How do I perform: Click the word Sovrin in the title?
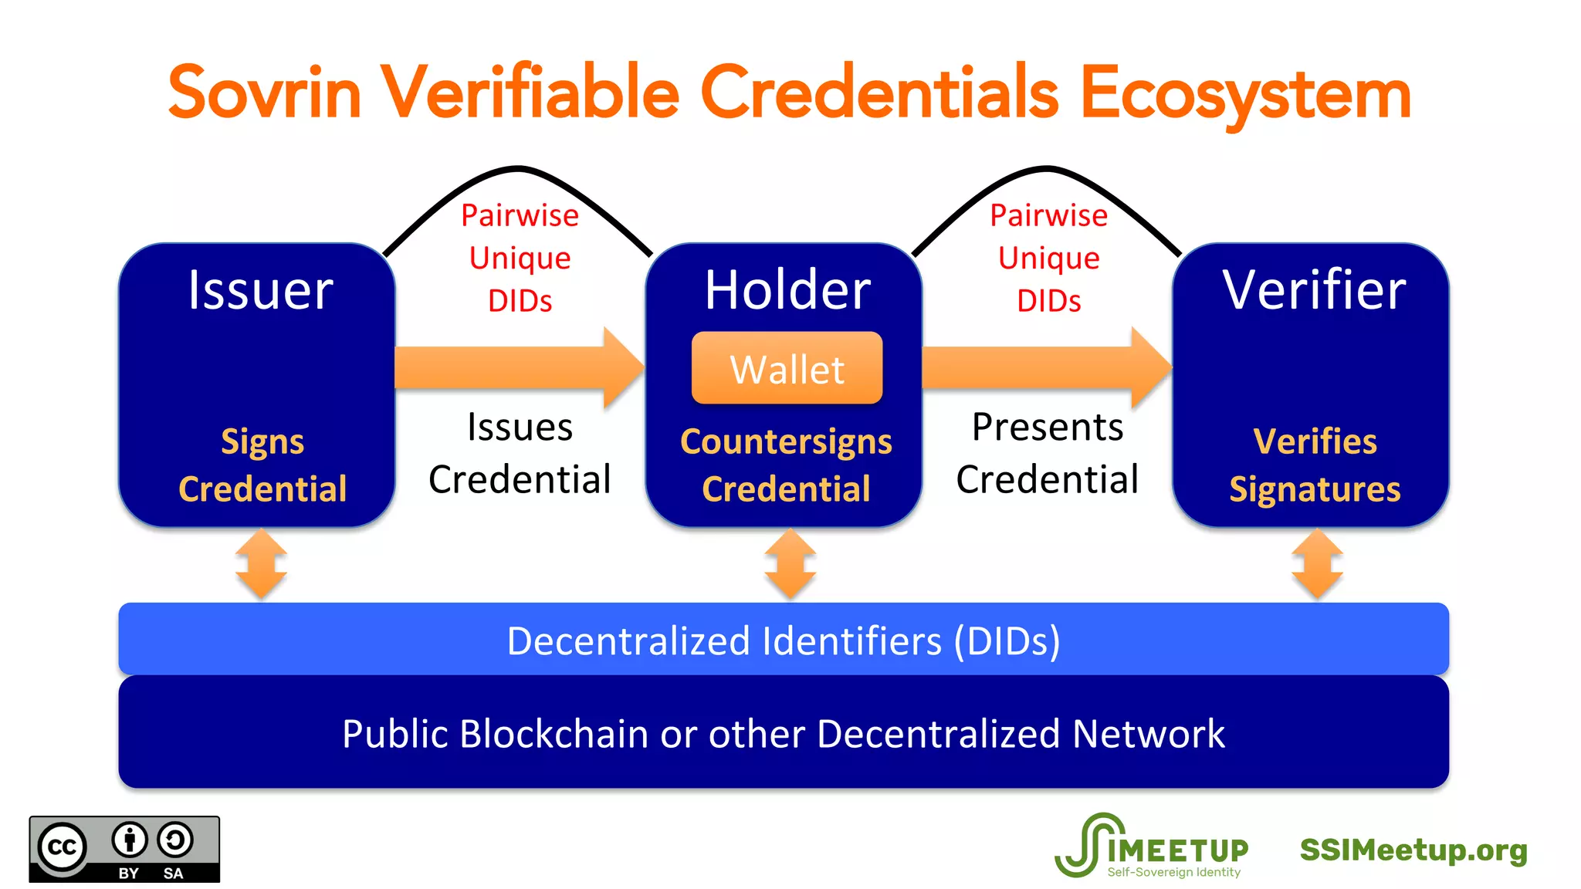click(x=264, y=93)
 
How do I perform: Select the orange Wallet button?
click(x=787, y=368)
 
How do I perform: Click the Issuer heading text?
click(x=261, y=290)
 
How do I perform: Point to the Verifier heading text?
click(x=1314, y=290)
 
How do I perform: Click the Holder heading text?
click(x=787, y=290)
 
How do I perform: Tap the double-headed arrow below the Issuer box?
click(x=262, y=564)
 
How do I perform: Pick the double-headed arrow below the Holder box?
click(x=790, y=564)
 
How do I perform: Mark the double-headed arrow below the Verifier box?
click(x=1317, y=564)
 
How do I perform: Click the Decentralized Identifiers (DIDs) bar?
click(x=784, y=641)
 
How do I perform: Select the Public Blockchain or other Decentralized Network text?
click(x=784, y=733)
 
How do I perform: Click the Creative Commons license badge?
click(x=124, y=849)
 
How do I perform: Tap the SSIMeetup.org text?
click(x=1413, y=850)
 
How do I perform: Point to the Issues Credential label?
click(x=520, y=453)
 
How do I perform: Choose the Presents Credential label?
click(x=1048, y=453)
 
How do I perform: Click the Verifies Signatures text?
click(x=1315, y=465)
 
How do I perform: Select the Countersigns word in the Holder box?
click(x=786, y=441)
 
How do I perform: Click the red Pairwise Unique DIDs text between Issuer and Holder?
click(x=520, y=258)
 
